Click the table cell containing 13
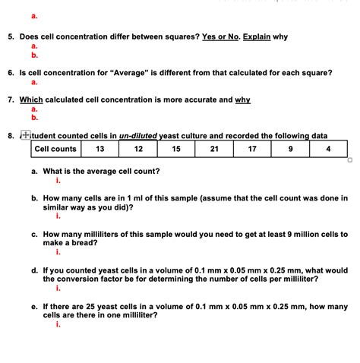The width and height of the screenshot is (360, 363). click(99, 149)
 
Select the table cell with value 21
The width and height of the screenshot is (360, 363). click(214, 149)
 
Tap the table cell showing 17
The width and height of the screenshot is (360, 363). click(252, 149)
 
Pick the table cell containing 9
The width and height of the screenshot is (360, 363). click(290, 149)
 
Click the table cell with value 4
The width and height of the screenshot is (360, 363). click(327, 149)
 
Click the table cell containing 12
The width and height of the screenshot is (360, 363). click(138, 149)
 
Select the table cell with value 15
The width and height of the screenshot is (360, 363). click(176, 149)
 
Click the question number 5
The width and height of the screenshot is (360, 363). click(11, 36)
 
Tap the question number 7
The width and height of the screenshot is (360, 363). click(11, 99)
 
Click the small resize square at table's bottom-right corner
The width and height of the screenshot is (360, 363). click(349, 159)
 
